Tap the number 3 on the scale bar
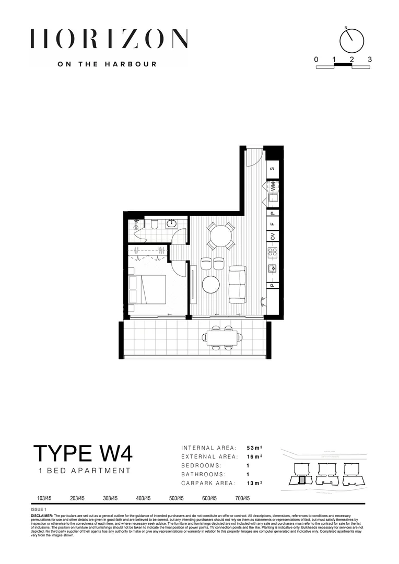370,60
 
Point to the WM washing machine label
273,186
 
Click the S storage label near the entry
273,169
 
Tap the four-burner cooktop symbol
273,253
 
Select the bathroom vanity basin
173,224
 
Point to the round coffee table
212,285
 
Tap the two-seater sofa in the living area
238,284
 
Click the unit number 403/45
143,498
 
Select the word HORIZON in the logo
109,39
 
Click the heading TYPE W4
83,453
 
